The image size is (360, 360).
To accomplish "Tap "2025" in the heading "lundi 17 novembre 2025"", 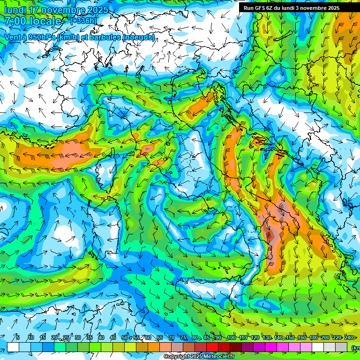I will click(x=97, y=10).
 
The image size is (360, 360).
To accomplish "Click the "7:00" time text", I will click(x=15, y=21).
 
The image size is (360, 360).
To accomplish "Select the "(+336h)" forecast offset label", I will click(x=83, y=21).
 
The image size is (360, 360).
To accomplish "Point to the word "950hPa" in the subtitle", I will click(x=39, y=37).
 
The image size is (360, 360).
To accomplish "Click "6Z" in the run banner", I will click(x=271, y=8).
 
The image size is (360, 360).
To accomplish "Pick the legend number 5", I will click(x=18, y=337).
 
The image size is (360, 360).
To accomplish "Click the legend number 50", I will click(x=125, y=337).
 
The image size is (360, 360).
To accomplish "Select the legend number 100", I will click(x=232, y=337).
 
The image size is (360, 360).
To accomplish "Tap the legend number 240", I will click(x=349, y=337).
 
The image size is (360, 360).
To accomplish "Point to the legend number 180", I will click(x=314, y=337).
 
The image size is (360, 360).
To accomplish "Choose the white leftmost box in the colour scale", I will click(x=13, y=347).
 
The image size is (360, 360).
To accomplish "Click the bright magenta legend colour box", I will click(x=271, y=347).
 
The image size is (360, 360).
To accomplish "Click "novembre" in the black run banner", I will click(x=315, y=8).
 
